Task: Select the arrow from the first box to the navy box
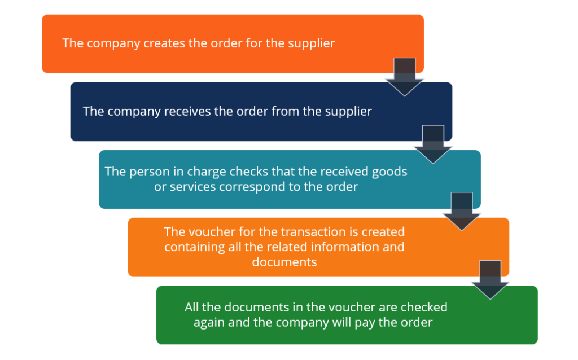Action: click(405, 77)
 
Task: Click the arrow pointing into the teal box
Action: click(433, 144)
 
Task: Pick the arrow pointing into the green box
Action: click(490, 280)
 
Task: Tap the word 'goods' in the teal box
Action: click(391, 172)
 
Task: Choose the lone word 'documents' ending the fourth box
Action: click(284, 262)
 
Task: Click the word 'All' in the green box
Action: click(193, 308)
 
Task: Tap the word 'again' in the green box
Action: click(208, 322)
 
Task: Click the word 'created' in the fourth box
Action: click(383, 232)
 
